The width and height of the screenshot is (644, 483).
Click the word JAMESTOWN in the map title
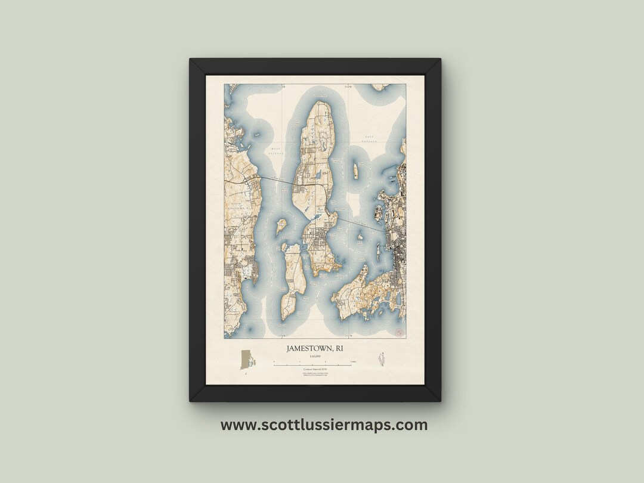click(309, 348)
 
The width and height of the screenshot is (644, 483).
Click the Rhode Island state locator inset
click(246, 360)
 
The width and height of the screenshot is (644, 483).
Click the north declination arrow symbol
click(380, 360)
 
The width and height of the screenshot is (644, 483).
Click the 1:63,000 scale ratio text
click(315, 356)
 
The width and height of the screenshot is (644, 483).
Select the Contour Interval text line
click(315, 370)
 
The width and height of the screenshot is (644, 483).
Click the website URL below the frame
click(324, 425)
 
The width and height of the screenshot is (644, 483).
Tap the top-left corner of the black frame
click(191, 60)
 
